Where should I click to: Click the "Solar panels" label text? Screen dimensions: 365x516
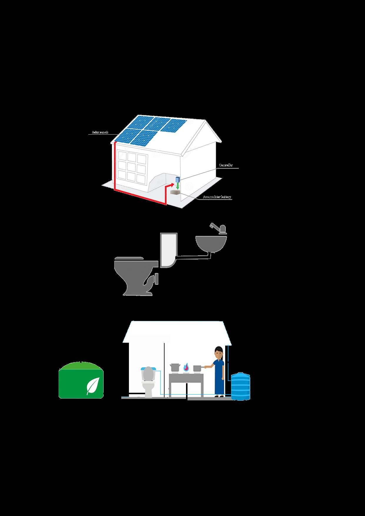100,132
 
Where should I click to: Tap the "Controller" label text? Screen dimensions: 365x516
226,165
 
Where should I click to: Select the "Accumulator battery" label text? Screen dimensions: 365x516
217,197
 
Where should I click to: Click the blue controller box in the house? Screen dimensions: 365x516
177,179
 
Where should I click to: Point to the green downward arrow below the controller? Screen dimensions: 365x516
177,186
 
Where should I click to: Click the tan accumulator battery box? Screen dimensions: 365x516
175,192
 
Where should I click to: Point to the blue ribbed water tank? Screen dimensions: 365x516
240,386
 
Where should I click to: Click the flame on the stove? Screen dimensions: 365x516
186,367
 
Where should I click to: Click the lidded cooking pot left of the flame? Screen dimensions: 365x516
175,367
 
